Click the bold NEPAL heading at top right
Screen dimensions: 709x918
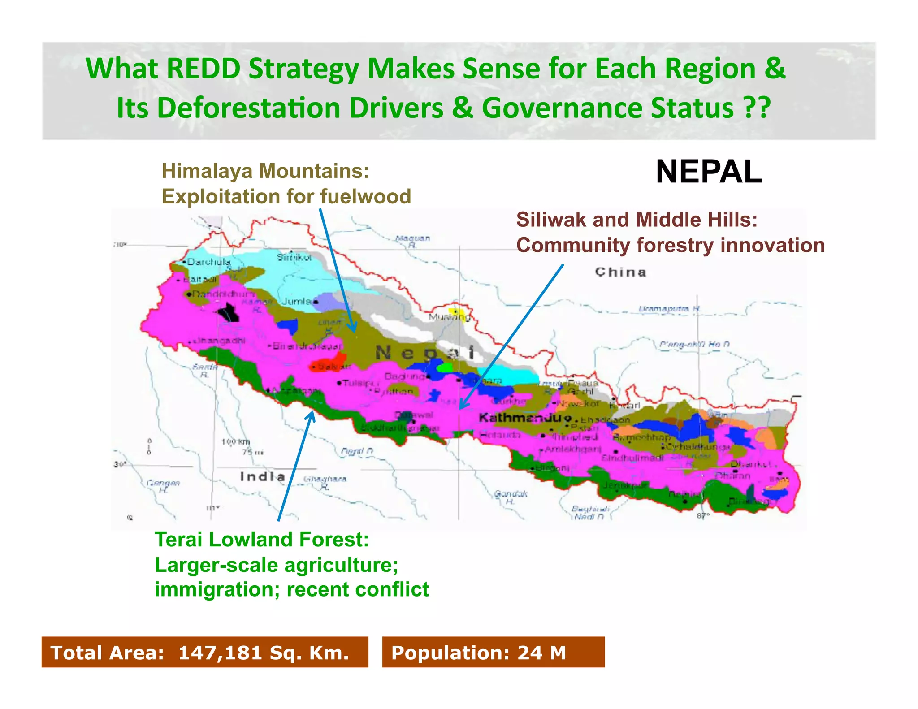[708, 172]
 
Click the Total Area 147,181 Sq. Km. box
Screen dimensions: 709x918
[204, 652]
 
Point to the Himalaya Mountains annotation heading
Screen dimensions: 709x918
[265, 171]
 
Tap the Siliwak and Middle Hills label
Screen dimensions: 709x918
[637, 220]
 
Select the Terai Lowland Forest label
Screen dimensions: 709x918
[261, 539]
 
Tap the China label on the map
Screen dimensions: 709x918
[620, 272]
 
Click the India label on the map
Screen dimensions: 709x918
[263, 476]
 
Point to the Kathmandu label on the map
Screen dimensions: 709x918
[520, 418]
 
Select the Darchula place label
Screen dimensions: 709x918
[209, 262]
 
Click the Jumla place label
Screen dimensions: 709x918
[296, 301]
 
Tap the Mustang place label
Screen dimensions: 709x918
[449, 317]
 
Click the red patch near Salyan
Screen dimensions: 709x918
[329, 363]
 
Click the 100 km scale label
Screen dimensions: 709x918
[236, 442]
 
